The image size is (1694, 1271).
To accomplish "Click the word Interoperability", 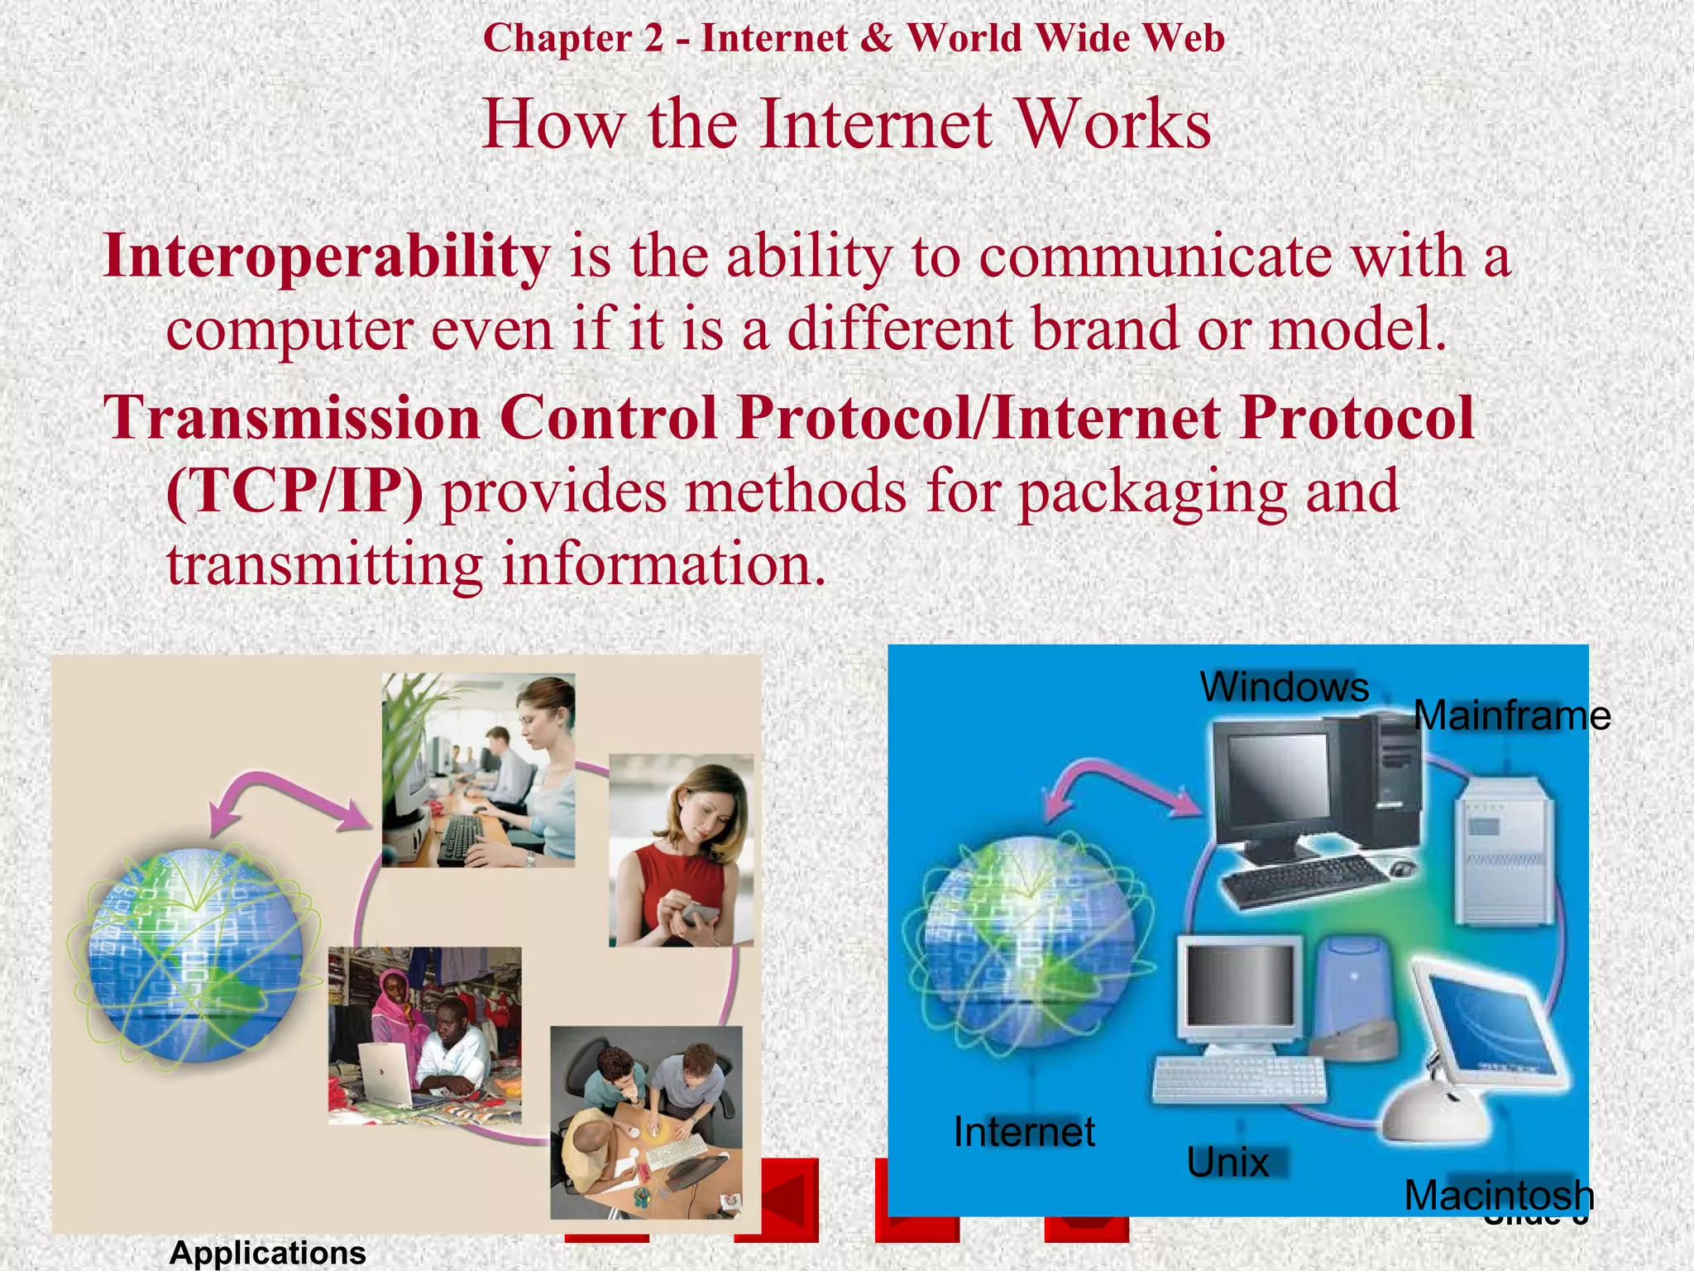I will click(326, 257).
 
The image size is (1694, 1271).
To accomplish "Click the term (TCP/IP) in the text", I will click(294, 492).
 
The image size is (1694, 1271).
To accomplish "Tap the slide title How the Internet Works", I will click(846, 124).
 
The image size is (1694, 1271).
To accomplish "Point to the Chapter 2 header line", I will click(853, 38).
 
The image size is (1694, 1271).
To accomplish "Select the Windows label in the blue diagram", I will click(1284, 687).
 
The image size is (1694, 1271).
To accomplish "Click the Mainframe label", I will click(1511, 716).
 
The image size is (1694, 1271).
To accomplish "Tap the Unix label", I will click(1227, 1163).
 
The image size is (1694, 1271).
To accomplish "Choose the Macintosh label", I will click(1498, 1195).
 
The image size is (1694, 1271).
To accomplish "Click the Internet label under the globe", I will click(1024, 1131).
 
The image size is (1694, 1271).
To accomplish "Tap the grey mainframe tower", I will click(1505, 849).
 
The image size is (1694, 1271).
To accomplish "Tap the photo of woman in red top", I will click(681, 850).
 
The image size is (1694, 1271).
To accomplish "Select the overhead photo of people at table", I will click(646, 1122).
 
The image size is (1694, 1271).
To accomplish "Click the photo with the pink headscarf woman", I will click(424, 1034).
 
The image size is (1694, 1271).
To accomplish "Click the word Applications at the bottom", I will click(267, 1252).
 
